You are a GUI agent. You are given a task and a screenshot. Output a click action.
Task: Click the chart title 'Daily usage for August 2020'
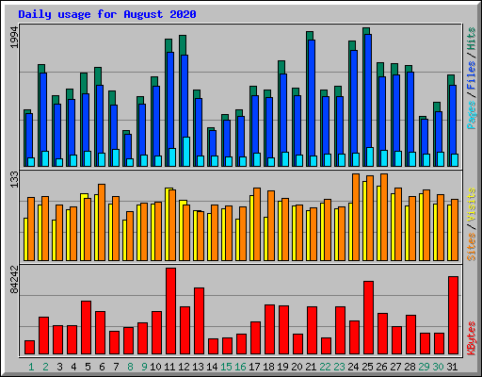(x=107, y=14)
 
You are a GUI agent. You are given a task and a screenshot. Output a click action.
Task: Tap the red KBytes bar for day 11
(x=170, y=311)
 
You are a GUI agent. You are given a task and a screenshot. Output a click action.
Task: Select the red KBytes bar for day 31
(x=453, y=316)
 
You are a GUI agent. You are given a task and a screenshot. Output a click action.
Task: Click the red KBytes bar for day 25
(x=368, y=318)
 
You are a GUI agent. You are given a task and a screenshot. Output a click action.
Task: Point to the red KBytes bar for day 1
(x=29, y=347)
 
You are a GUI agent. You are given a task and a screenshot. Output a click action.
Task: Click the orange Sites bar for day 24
(x=356, y=217)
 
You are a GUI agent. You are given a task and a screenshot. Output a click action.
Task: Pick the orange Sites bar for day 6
(x=102, y=222)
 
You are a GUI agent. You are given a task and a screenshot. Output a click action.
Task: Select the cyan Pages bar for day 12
(x=186, y=152)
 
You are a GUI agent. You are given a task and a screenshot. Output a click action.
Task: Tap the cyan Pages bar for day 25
(x=370, y=156)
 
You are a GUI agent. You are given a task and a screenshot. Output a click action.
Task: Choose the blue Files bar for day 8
(x=128, y=150)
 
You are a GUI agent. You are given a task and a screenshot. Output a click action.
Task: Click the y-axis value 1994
(x=15, y=37)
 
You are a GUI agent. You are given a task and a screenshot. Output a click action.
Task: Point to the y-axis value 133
(x=15, y=179)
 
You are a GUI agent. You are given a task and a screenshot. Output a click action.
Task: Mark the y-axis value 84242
(x=15, y=280)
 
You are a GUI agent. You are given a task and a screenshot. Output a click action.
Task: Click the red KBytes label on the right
(x=471, y=338)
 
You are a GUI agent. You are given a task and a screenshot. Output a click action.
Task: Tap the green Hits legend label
(x=471, y=39)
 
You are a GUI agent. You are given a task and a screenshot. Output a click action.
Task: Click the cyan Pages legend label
(x=471, y=115)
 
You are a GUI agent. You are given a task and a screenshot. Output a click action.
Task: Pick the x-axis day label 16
(x=240, y=367)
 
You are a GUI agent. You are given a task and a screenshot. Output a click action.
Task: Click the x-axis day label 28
(x=410, y=367)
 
